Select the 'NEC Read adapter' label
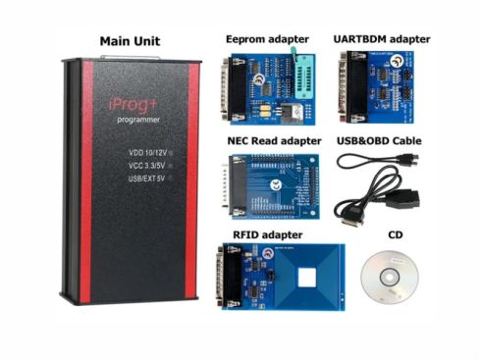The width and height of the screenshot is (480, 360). tap(267, 141)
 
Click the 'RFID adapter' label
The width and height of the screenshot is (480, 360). tap(269, 234)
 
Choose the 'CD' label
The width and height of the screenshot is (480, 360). tap(396, 235)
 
